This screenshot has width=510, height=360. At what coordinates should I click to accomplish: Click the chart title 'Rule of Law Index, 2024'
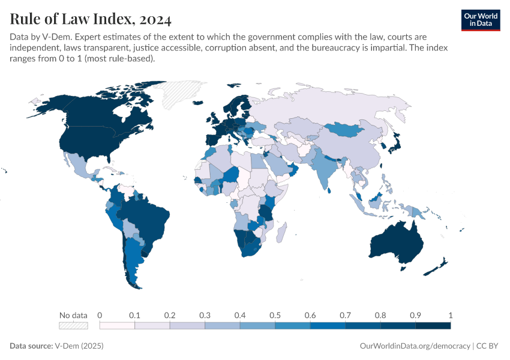point(91,20)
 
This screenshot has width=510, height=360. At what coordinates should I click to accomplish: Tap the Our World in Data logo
point(480,20)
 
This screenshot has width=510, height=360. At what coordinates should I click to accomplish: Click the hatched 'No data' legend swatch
point(73,326)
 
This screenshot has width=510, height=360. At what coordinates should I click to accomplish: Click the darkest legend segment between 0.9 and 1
point(433,326)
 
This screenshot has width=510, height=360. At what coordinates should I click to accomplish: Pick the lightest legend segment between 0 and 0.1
point(117,326)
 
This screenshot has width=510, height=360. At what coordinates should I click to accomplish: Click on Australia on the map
point(396,243)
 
